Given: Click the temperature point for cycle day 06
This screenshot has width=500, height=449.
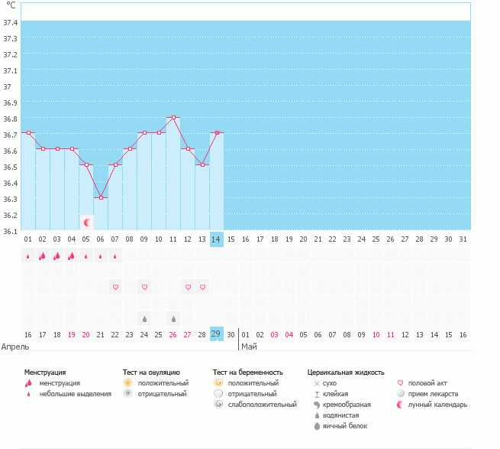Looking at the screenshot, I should click(x=101, y=197).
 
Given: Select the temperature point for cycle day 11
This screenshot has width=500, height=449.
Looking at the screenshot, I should click(x=174, y=117).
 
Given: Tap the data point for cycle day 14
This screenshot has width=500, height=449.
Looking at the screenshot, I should click(x=218, y=133).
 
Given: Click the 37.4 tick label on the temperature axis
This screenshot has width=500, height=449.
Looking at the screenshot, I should click(x=10, y=21).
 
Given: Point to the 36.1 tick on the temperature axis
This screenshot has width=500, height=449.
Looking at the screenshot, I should click(x=10, y=231).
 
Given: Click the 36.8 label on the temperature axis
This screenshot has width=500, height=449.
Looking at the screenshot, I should click(x=10, y=119).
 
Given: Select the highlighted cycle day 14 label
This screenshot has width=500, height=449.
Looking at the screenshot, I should click(x=217, y=239).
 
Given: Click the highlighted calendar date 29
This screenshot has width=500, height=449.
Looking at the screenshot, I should click(x=217, y=334).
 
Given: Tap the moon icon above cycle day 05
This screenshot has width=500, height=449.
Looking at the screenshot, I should click(x=87, y=222).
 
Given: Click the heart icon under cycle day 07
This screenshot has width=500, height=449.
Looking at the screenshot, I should click(x=116, y=287).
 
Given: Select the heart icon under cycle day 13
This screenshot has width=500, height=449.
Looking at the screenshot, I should click(x=203, y=287).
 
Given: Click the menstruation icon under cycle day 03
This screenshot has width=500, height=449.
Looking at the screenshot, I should click(x=57, y=256).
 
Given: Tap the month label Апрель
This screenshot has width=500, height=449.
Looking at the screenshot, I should click(x=16, y=347).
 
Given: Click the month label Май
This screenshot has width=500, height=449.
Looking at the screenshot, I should click(x=250, y=347).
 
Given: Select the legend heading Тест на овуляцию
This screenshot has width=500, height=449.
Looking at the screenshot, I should click(x=151, y=373).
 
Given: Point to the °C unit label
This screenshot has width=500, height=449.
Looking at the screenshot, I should click(x=11, y=5).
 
